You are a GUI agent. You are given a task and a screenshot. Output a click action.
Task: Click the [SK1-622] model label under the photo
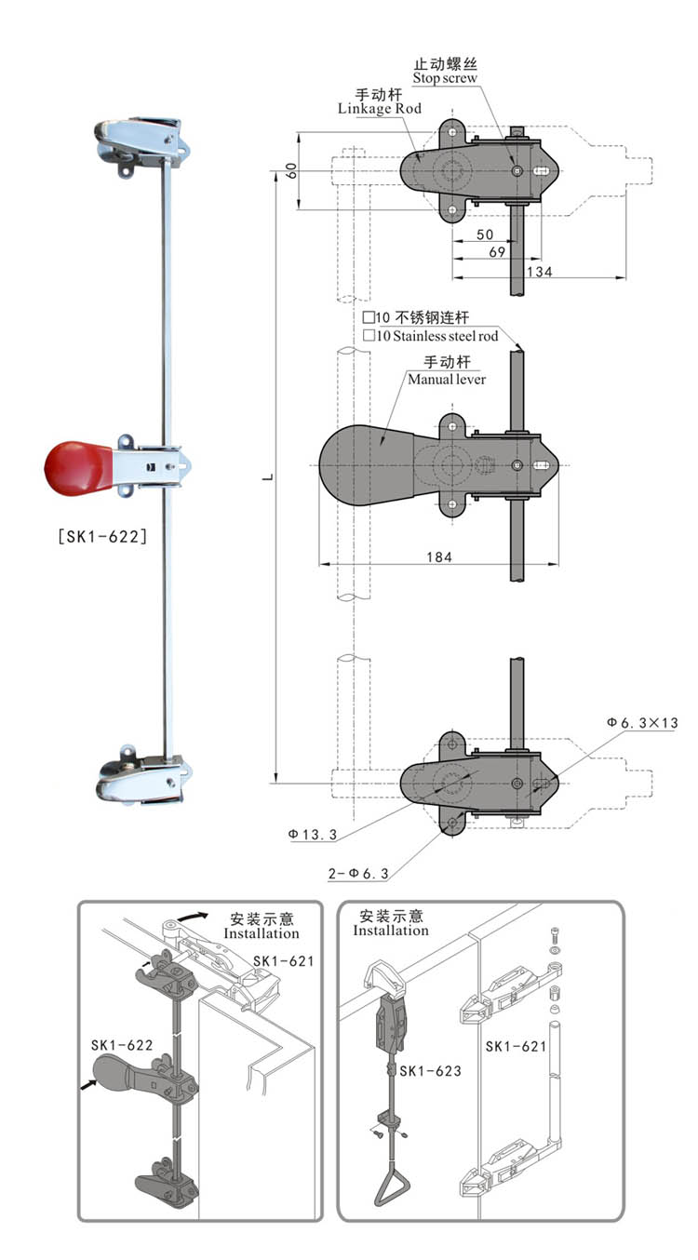(x=101, y=535)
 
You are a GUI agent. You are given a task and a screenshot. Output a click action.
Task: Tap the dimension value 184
(x=439, y=556)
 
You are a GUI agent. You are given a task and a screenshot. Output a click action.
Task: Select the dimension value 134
(x=539, y=271)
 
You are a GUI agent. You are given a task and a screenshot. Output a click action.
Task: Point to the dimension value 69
(x=497, y=252)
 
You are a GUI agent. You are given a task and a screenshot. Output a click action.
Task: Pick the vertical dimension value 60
(x=291, y=171)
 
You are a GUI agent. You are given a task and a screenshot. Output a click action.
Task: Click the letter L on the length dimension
(x=267, y=476)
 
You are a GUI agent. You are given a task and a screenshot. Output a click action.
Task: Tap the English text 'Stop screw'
(x=445, y=78)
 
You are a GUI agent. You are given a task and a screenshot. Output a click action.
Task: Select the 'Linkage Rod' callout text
(x=379, y=109)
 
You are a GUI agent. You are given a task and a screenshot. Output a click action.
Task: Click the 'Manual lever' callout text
(x=447, y=379)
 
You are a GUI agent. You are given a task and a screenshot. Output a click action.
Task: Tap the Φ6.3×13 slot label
(x=641, y=722)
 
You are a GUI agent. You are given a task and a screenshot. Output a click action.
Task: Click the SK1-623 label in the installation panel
(x=430, y=1071)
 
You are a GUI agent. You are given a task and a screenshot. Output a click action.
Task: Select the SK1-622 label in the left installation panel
(x=122, y=1045)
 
